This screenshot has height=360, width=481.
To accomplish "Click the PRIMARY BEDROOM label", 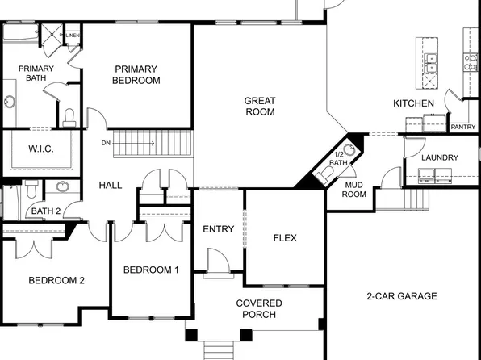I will tap(137, 74).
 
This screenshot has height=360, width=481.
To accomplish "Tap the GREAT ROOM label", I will tap(260, 106).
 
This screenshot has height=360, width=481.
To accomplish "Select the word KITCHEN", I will tap(413, 103).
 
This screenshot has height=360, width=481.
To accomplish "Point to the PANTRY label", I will tap(462, 127).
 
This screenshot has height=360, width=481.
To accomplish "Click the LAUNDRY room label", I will tap(440, 157).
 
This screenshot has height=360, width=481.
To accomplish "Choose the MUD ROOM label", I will tap(355, 189).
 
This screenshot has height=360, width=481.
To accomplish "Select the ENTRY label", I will tap(218, 229).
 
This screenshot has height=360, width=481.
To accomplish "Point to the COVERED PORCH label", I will tap(258, 308).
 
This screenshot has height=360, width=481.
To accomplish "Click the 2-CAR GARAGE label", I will tap(401, 296).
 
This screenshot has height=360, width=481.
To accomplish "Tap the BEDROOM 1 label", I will tap(151, 270).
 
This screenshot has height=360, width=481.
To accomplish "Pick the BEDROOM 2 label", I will tap(56, 281).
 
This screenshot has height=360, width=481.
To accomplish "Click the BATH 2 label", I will tap(45, 211).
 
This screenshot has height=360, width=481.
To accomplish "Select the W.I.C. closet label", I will tap(40, 149).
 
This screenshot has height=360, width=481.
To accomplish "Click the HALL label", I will tap(111, 185).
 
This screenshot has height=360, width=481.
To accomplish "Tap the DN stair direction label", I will tap(106, 143).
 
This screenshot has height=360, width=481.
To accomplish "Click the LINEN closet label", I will tap(73, 36).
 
